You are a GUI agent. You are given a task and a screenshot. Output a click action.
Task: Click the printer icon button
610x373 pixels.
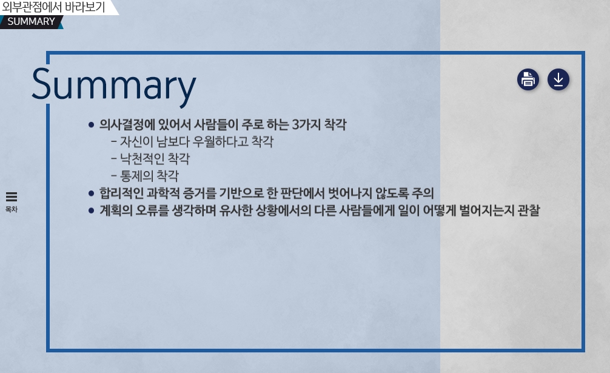[528, 79]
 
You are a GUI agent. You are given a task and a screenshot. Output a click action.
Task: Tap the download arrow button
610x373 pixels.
[558, 79]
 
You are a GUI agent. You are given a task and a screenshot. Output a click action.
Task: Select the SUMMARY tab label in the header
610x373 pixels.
[31, 21]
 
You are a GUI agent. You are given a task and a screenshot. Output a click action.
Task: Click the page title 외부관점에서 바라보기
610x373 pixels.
[54, 7]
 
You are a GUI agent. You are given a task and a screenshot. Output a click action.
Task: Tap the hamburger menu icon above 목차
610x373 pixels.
[12, 197]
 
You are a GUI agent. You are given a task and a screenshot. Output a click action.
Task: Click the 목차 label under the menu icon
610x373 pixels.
[12, 209]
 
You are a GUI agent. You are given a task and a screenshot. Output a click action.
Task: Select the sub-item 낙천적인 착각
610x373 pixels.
[155, 159]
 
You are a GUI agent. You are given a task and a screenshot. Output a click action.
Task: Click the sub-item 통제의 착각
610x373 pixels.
[149, 176]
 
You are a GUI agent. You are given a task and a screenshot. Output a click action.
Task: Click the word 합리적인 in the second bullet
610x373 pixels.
[121, 193]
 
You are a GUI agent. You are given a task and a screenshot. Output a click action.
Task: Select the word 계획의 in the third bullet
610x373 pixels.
[116, 210]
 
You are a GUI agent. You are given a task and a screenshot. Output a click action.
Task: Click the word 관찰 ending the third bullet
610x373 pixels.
[529, 210]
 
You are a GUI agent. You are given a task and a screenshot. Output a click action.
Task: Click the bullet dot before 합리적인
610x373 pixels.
[91, 193]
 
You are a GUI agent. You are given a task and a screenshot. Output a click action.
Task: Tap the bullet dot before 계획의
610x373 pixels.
[91, 210]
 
